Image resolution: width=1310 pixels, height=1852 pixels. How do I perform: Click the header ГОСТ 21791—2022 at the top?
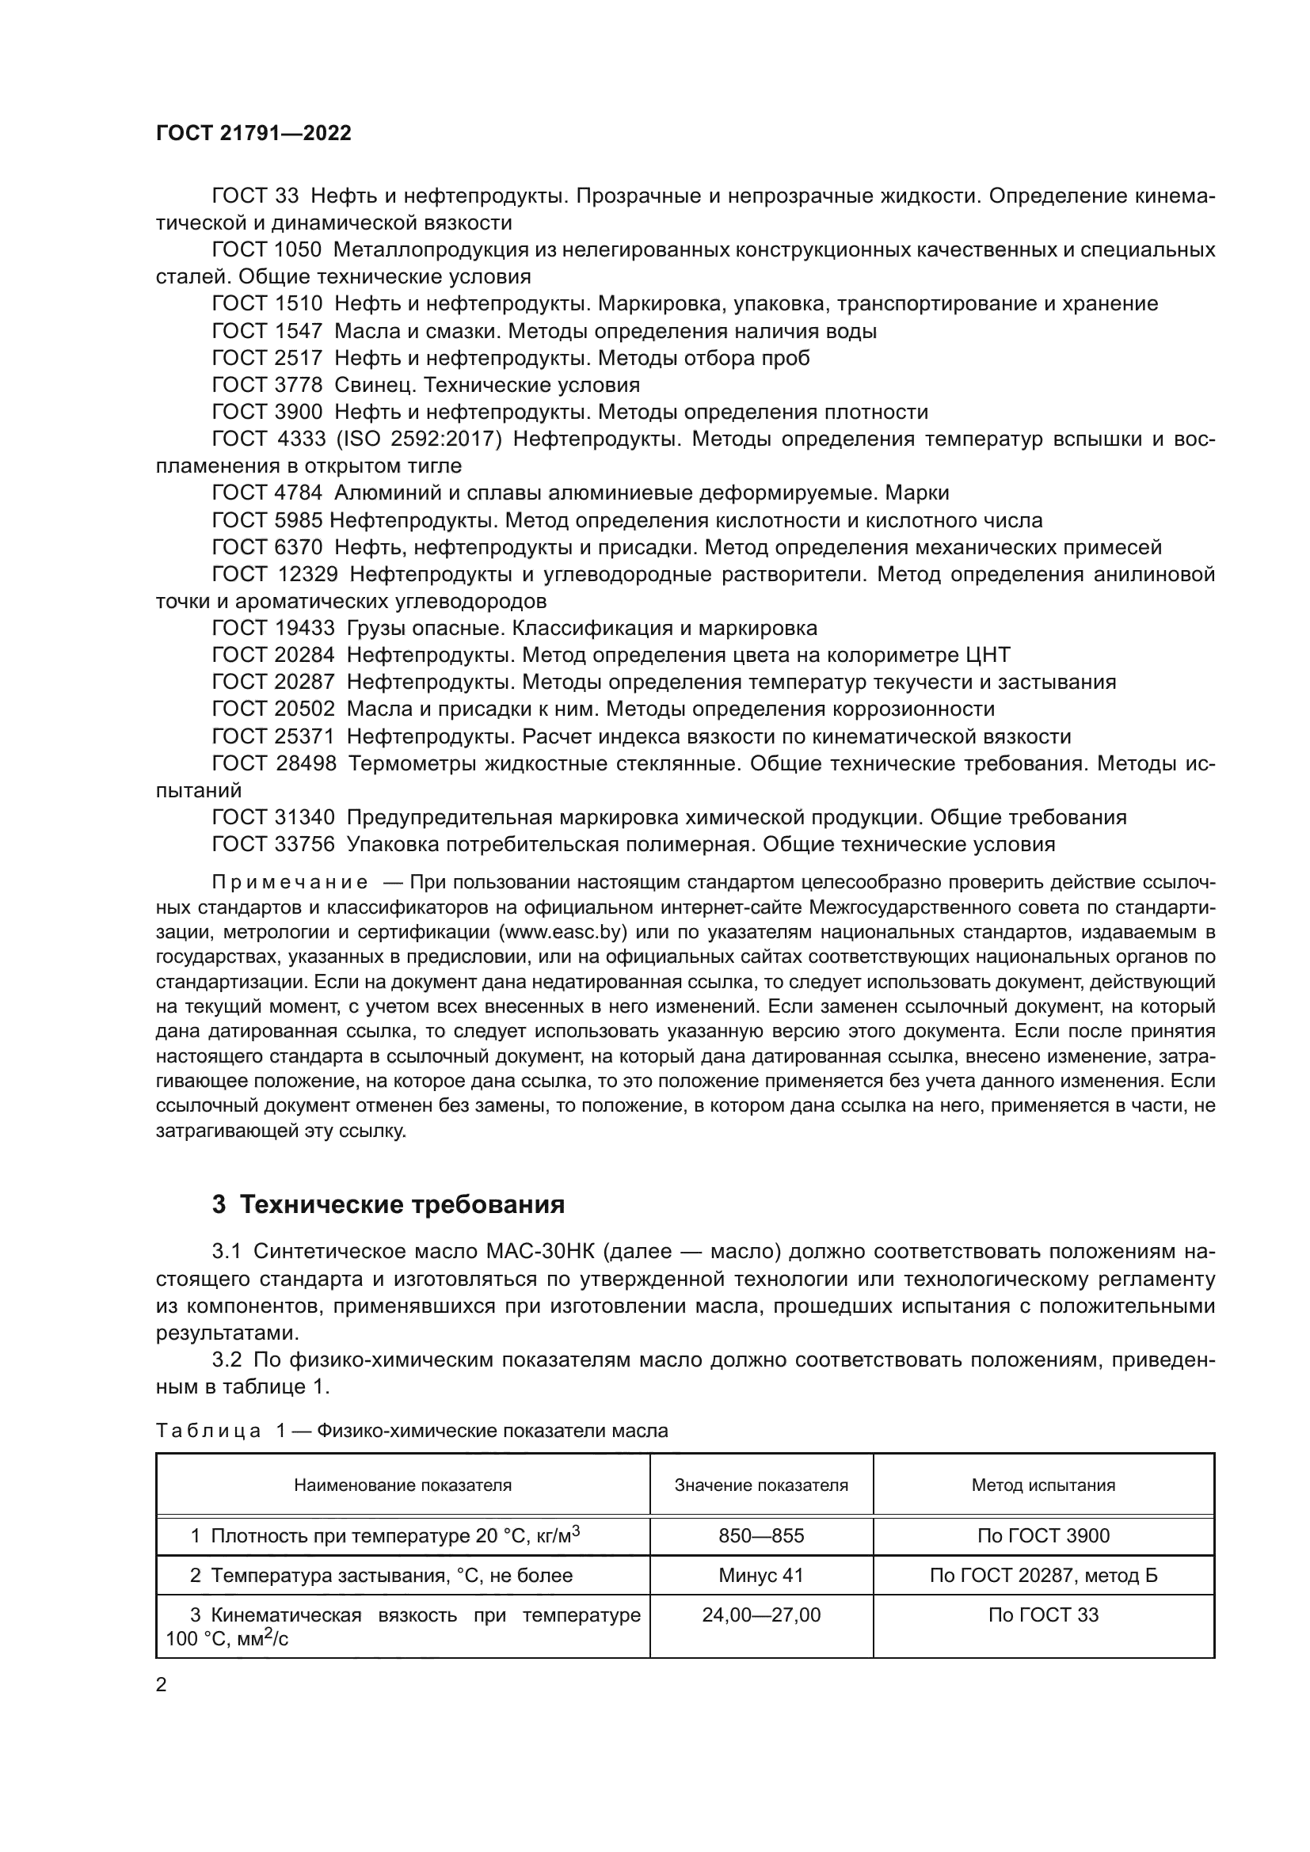pyautogui.click(x=253, y=133)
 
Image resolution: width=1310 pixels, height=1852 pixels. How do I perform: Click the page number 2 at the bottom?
pyautogui.click(x=162, y=1684)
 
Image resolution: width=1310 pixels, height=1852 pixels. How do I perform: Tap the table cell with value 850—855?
pyautogui.click(x=760, y=1536)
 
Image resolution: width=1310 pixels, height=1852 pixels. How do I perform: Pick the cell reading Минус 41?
pyautogui.click(x=760, y=1576)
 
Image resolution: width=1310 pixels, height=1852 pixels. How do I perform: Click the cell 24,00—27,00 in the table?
pyautogui.click(x=760, y=1614)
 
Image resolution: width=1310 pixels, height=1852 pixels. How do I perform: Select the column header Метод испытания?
pyautogui.click(x=1043, y=1485)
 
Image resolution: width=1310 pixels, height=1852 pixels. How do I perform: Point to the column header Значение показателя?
pyautogui.click(x=760, y=1485)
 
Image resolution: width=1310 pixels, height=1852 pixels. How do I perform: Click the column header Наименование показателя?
pyautogui.click(x=402, y=1485)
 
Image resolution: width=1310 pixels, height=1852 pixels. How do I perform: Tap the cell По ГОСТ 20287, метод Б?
pyautogui.click(x=1043, y=1576)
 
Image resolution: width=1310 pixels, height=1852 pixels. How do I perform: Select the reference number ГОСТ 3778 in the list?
pyautogui.click(x=267, y=385)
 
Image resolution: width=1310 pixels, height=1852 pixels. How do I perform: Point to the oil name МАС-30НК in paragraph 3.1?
pyautogui.click(x=539, y=1252)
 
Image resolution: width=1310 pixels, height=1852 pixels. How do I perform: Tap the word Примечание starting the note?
pyautogui.click(x=290, y=882)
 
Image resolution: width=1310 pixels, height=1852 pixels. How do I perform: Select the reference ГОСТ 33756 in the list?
pyautogui.click(x=272, y=845)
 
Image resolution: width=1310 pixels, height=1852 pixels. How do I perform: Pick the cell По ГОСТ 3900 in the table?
pyautogui.click(x=1043, y=1536)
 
